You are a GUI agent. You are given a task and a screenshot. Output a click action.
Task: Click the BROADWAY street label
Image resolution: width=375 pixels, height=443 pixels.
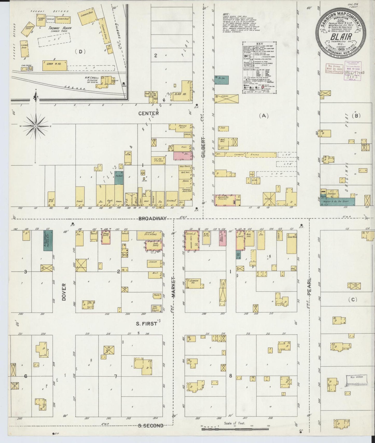pyautogui.click(x=152, y=218)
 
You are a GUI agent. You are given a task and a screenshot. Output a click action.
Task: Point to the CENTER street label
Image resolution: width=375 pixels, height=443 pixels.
pyautogui.click(x=148, y=113)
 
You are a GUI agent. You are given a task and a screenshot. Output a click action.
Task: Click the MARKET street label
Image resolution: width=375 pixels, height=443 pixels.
pyautogui.click(x=173, y=287)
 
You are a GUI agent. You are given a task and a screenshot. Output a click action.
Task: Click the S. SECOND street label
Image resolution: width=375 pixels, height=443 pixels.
pyautogui.click(x=151, y=425)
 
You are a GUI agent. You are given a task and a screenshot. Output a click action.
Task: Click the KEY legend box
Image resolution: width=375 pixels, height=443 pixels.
pyautogui.click(x=260, y=67)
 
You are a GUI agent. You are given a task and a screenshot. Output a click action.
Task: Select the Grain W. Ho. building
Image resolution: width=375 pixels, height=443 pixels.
pyautogui.click(x=54, y=66)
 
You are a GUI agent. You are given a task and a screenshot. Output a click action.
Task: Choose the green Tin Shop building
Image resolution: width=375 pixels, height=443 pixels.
pyautogui.click(x=119, y=178)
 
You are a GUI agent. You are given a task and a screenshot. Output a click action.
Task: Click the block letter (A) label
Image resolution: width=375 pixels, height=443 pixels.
pyautogui.click(x=264, y=116)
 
